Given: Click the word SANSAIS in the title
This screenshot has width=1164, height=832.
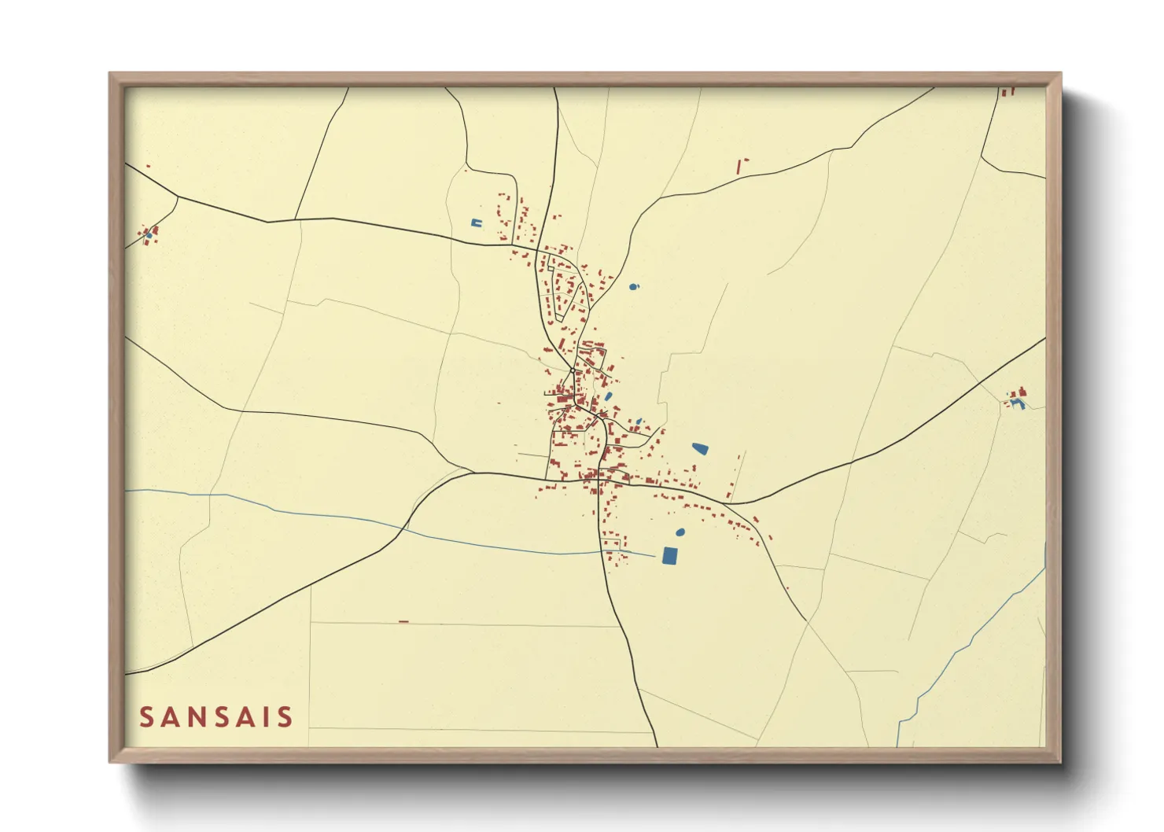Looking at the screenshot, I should (x=216, y=717).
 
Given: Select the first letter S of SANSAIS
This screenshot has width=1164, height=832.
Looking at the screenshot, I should (x=146, y=717).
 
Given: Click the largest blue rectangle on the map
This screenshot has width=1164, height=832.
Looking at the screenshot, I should (x=669, y=555).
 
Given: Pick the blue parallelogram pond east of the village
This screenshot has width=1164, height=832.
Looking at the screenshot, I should (x=700, y=449).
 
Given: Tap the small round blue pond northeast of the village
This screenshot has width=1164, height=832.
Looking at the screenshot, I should (x=634, y=286).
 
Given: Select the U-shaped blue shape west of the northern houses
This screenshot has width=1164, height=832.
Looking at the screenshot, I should (x=476, y=223).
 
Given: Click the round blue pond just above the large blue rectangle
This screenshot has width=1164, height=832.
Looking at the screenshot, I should (x=680, y=532).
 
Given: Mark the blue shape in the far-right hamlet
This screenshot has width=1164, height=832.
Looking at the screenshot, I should (x=1018, y=403).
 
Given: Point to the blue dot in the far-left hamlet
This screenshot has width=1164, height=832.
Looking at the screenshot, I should (x=148, y=234).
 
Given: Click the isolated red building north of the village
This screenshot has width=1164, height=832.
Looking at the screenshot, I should (x=740, y=166).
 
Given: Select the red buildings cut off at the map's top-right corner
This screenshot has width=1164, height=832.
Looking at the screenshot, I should (x=1007, y=91).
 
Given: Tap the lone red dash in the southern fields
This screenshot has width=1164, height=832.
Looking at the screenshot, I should (x=403, y=621).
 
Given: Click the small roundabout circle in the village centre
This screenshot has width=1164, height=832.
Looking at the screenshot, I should (x=573, y=370).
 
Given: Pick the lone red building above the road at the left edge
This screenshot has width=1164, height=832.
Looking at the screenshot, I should (x=147, y=166).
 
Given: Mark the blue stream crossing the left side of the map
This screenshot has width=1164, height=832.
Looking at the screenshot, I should (x=315, y=515).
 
